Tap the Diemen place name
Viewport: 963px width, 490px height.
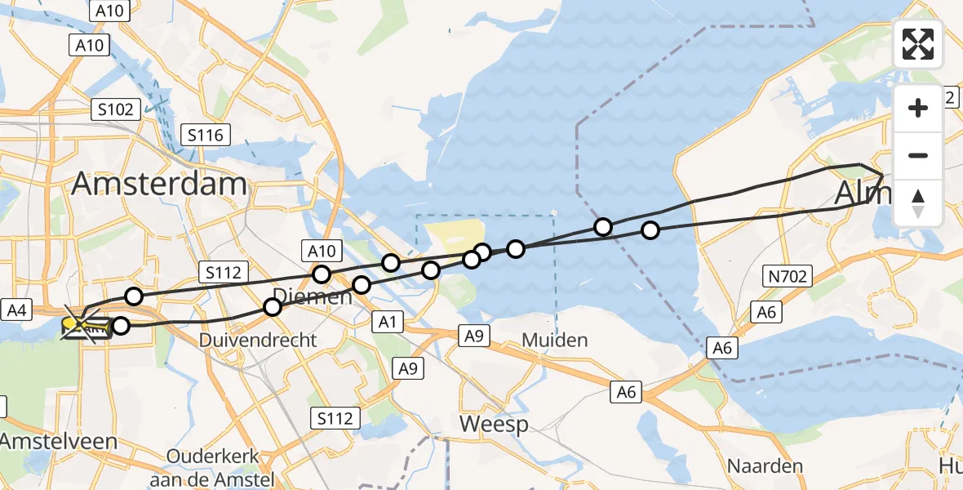(x=313, y=296)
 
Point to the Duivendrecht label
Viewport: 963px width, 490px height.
(x=258, y=339)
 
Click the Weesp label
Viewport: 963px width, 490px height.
(x=494, y=424)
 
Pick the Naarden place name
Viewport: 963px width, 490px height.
(x=766, y=466)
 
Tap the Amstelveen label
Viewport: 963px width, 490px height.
(x=59, y=442)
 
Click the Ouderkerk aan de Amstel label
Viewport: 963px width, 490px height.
(x=212, y=466)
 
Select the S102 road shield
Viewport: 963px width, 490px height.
(x=118, y=108)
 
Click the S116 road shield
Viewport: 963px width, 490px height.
(x=206, y=135)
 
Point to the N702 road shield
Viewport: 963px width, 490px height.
(x=788, y=277)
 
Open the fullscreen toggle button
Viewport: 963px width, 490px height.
(x=918, y=44)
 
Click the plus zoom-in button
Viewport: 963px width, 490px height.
(x=918, y=108)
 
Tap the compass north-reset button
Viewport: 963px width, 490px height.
(x=918, y=203)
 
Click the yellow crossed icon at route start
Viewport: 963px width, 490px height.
(x=80, y=327)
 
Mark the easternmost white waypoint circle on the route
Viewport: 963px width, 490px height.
(x=650, y=230)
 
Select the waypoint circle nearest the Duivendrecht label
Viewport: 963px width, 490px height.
(x=273, y=306)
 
